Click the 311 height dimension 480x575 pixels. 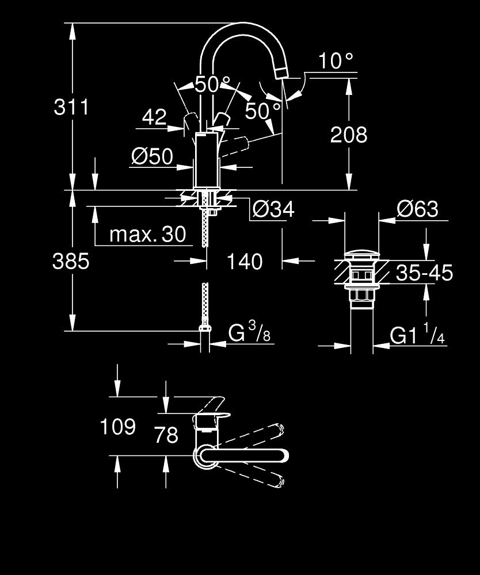[71, 106]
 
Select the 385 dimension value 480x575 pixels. [71, 262]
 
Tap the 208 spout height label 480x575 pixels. [348, 135]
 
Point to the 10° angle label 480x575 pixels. [335, 60]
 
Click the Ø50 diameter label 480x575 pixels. [152, 156]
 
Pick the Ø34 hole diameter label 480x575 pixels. [273, 210]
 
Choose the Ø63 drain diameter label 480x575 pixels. [417, 209]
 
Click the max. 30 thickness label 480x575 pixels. [148, 234]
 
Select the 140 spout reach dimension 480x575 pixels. [244, 262]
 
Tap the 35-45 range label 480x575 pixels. [424, 273]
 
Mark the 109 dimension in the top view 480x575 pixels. [118, 427]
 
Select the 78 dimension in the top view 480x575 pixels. [166, 435]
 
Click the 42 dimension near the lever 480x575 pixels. [154, 118]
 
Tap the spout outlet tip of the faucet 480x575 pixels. [281, 71]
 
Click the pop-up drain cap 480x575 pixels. [361, 254]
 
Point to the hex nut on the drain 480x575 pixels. [361, 296]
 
